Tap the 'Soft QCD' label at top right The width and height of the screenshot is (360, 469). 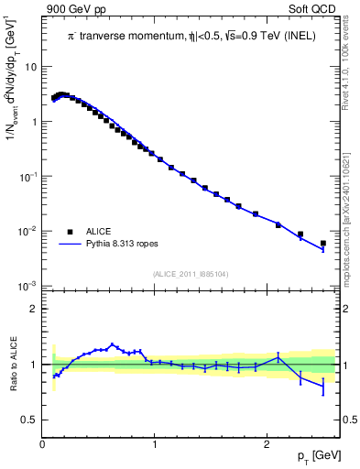[313, 8]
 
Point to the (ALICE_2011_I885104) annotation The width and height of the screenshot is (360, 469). [191, 272]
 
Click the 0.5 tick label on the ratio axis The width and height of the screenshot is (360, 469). [30, 420]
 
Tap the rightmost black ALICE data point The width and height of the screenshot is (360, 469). [323, 244]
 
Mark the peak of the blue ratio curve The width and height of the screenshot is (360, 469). [112, 344]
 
